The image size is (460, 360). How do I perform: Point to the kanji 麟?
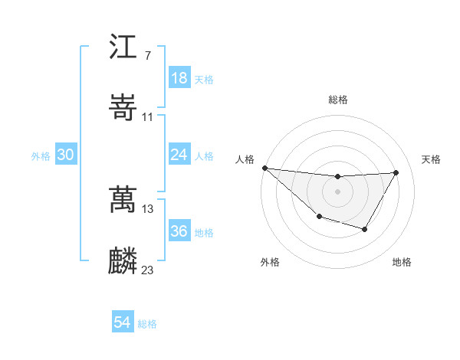point(123,260)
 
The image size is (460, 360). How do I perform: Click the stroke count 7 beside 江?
point(147,56)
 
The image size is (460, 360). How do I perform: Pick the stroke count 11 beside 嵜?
point(148,116)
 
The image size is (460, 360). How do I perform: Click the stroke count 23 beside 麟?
point(148,270)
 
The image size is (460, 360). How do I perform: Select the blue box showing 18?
point(179,78)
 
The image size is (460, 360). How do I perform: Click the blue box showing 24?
point(179,155)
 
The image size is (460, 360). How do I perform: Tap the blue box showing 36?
point(179,231)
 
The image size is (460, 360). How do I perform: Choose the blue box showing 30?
point(66,155)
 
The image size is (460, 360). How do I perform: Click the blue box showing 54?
point(123,323)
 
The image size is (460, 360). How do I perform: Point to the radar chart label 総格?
point(337,100)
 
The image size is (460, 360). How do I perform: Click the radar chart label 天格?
point(432,159)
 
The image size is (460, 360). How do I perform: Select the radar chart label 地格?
point(402,263)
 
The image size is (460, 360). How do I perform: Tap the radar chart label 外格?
point(270,263)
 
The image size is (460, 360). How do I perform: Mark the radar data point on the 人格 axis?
point(264,168)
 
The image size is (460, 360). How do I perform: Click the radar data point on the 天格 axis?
point(396,172)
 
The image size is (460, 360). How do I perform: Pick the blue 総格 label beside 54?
point(147,324)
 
